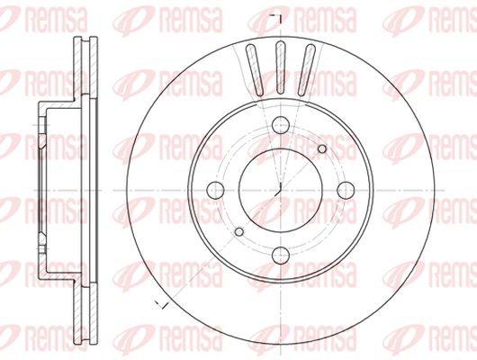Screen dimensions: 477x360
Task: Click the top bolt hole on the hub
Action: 280,125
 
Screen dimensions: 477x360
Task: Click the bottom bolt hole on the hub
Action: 280,256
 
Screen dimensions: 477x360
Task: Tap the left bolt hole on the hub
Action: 215,190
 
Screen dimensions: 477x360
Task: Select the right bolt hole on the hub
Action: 346,190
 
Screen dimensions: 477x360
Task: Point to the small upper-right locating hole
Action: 322,148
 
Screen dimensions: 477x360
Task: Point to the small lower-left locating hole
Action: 239,232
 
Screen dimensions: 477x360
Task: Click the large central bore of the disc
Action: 280,190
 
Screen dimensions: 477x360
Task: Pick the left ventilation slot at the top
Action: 255,70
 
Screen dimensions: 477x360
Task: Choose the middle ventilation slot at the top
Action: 280,67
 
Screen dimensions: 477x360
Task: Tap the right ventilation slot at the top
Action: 306,70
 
